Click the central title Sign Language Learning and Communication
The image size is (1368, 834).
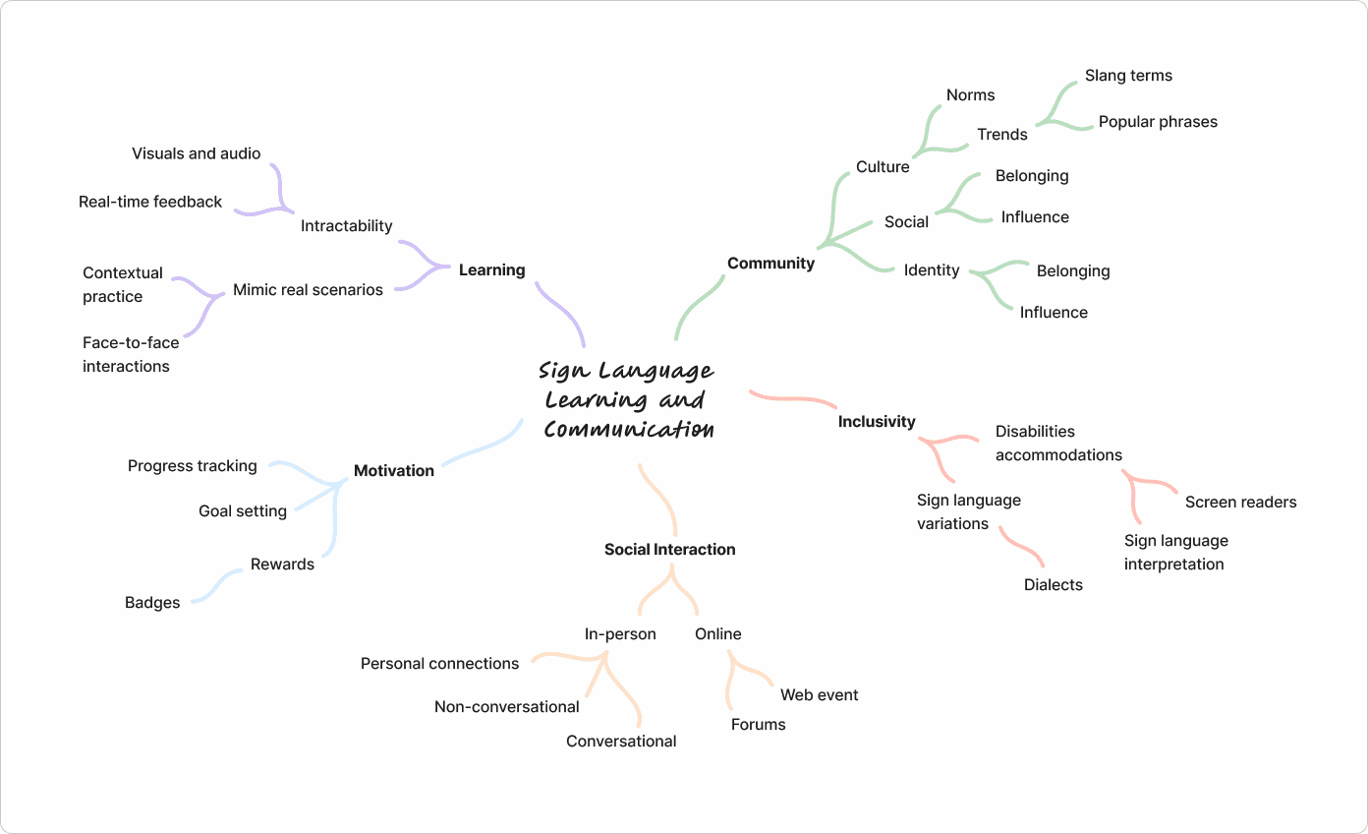[627, 399]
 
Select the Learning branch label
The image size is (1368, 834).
[491, 269]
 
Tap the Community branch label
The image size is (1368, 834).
[770, 263]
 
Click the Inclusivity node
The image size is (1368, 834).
[876, 421]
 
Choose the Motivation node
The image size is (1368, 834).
[393, 470]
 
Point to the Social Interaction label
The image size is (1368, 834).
[669, 549]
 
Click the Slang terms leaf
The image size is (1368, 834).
[1128, 75]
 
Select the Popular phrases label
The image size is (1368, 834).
[1157, 121]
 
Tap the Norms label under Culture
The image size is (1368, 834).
[970, 94]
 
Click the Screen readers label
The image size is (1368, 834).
[1240, 502]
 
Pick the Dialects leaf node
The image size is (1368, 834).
[1053, 584]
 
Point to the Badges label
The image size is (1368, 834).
[152, 602]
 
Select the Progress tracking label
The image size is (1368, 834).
[192, 465]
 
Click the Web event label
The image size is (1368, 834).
[819, 694]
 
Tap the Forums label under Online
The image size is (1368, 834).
[758, 724]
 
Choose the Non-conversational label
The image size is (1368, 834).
[506, 706]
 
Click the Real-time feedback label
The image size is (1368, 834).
[150, 201]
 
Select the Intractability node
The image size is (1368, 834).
[346, 225]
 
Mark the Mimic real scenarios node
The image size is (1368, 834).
[308, 289]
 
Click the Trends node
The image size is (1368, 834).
[1001, 134]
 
